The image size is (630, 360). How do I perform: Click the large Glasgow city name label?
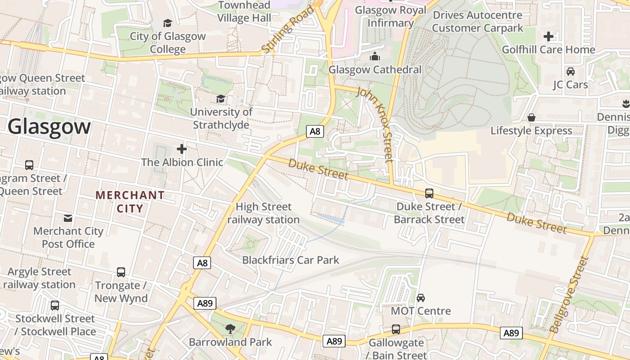click(49, 126)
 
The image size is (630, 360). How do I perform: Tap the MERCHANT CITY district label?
click(130, 202)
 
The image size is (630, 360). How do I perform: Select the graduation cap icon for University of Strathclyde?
click(220, 99)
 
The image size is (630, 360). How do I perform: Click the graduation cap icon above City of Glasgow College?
click(167, 23)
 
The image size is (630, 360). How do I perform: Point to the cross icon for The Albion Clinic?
click(182, 148)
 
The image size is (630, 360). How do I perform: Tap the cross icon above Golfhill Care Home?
click(549, 36)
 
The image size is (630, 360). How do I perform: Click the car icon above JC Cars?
click(570, 71)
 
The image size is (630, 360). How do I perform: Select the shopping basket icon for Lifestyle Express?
click(531, 117)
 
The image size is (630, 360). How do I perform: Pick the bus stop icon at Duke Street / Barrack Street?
click(429, 193)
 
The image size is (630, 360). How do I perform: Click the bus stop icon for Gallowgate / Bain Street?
click(396, 329)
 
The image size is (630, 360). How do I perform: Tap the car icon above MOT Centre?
click(421, 297)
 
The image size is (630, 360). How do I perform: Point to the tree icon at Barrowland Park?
click(230, 329)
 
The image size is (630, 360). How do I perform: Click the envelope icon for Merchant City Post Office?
click(68, 218)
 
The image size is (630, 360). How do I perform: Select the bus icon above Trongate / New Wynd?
click(121, 272)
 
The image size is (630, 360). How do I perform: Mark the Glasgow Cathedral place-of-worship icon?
click(375, 56)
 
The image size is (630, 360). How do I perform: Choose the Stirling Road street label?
click(288, 30)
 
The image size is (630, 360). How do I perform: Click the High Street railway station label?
click(264, 213)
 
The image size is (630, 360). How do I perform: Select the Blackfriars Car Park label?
click(291, 260)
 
